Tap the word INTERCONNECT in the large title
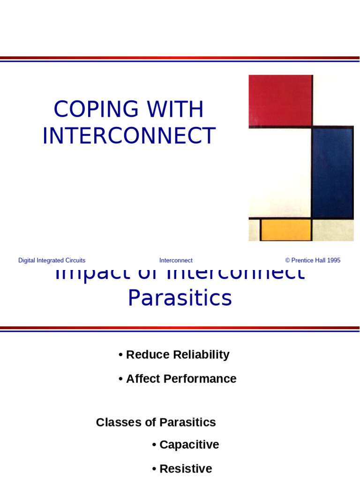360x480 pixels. tap(129, 136)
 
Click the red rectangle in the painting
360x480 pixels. tap(280, 100)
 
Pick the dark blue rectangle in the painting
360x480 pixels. tap(332, 172)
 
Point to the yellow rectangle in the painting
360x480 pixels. tap(286, 230)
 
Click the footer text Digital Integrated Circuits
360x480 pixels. tap(52, 261)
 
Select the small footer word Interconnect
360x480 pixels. tap(176, 261)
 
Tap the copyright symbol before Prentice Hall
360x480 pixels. tap(288, 261)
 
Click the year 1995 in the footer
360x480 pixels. tap(334, 261)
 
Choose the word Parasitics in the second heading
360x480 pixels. tap(180, 298)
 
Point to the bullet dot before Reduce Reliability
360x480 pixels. tap(120, 355)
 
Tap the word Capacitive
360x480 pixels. tap(189, 445)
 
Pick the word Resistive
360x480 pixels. tap(186, 469)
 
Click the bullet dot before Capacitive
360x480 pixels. tap(154, 445)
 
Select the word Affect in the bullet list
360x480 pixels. tap(143, 379)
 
